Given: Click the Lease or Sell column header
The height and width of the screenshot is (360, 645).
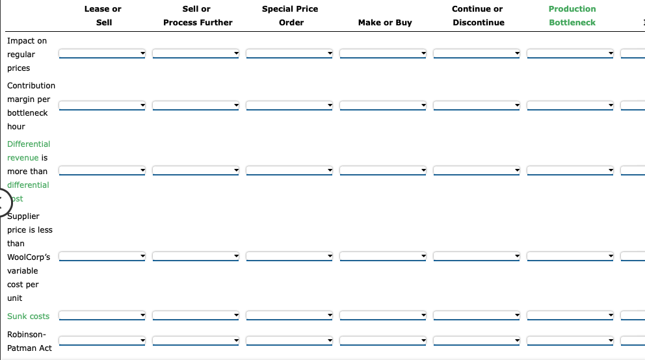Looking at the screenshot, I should pyautogui.click(x=103, y=16).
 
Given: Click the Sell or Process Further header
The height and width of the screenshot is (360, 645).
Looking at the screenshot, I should pyautogui.click(x=197, y=16).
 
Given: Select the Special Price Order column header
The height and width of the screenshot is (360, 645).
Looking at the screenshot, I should pyautogui.click(x=290, y=16).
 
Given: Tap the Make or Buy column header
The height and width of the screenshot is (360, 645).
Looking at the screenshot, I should pyautogui.click(x=385, y=23).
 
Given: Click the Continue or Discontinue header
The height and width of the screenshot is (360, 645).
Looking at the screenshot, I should pyautogui.click(x=477, y=16).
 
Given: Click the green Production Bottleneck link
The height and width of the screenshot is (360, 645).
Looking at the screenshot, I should pyautogui.click(x=572, y=16).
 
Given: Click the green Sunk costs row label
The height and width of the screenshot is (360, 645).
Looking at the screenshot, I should pyautogui.click(x=28, y=316).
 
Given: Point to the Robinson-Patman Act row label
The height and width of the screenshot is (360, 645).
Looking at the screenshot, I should pyautogui.click(x=29, y=341).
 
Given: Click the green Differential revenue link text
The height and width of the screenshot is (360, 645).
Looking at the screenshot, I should pyautogui.click(x=28, y=151).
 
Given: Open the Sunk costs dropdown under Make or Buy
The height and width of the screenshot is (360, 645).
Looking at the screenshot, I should pyautogui.click(x=383, y=316).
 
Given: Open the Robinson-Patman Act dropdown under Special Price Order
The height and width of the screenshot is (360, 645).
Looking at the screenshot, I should pyautogui.click(x=289, y=341).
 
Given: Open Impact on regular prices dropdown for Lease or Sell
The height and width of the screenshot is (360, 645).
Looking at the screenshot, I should pyautogui.click(x=102, y=53).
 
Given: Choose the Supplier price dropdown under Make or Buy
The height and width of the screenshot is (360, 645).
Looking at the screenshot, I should pyautogui.click(x=383, y=257).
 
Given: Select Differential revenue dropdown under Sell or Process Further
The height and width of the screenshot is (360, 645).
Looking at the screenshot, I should pyautogui.click(x=196, y=171).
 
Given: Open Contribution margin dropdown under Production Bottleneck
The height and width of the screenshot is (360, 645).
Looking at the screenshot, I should pyautogui.click(x=570, y=105).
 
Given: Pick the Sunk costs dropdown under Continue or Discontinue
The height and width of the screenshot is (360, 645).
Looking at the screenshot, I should pyautogui.click(x=477, y=316).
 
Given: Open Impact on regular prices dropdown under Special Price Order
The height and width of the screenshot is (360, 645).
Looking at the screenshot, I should pyautogui.click(x=289, y=53).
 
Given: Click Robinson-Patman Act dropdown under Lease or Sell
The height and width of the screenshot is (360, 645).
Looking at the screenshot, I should pyautogui.click(x=102, y=341).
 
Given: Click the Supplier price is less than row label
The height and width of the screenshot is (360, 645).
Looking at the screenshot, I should pyautogui.click(x=29, y=257).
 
